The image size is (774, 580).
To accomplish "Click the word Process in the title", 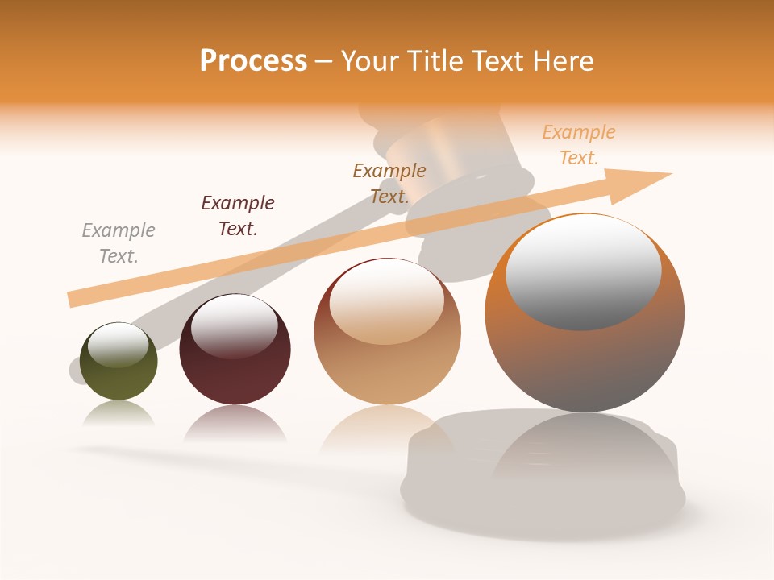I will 253,61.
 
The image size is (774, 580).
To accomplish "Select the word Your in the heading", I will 369,61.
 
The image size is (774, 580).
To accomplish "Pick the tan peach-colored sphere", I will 387,371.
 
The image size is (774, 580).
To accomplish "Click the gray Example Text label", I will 119,243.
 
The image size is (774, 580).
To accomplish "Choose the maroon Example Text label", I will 238,216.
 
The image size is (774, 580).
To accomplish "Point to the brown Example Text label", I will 389,184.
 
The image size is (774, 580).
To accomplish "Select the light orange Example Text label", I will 578,145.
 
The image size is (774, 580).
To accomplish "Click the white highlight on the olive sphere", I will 118,345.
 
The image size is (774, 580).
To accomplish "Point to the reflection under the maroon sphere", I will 235,424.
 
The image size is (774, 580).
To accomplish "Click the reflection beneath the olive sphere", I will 119,414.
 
